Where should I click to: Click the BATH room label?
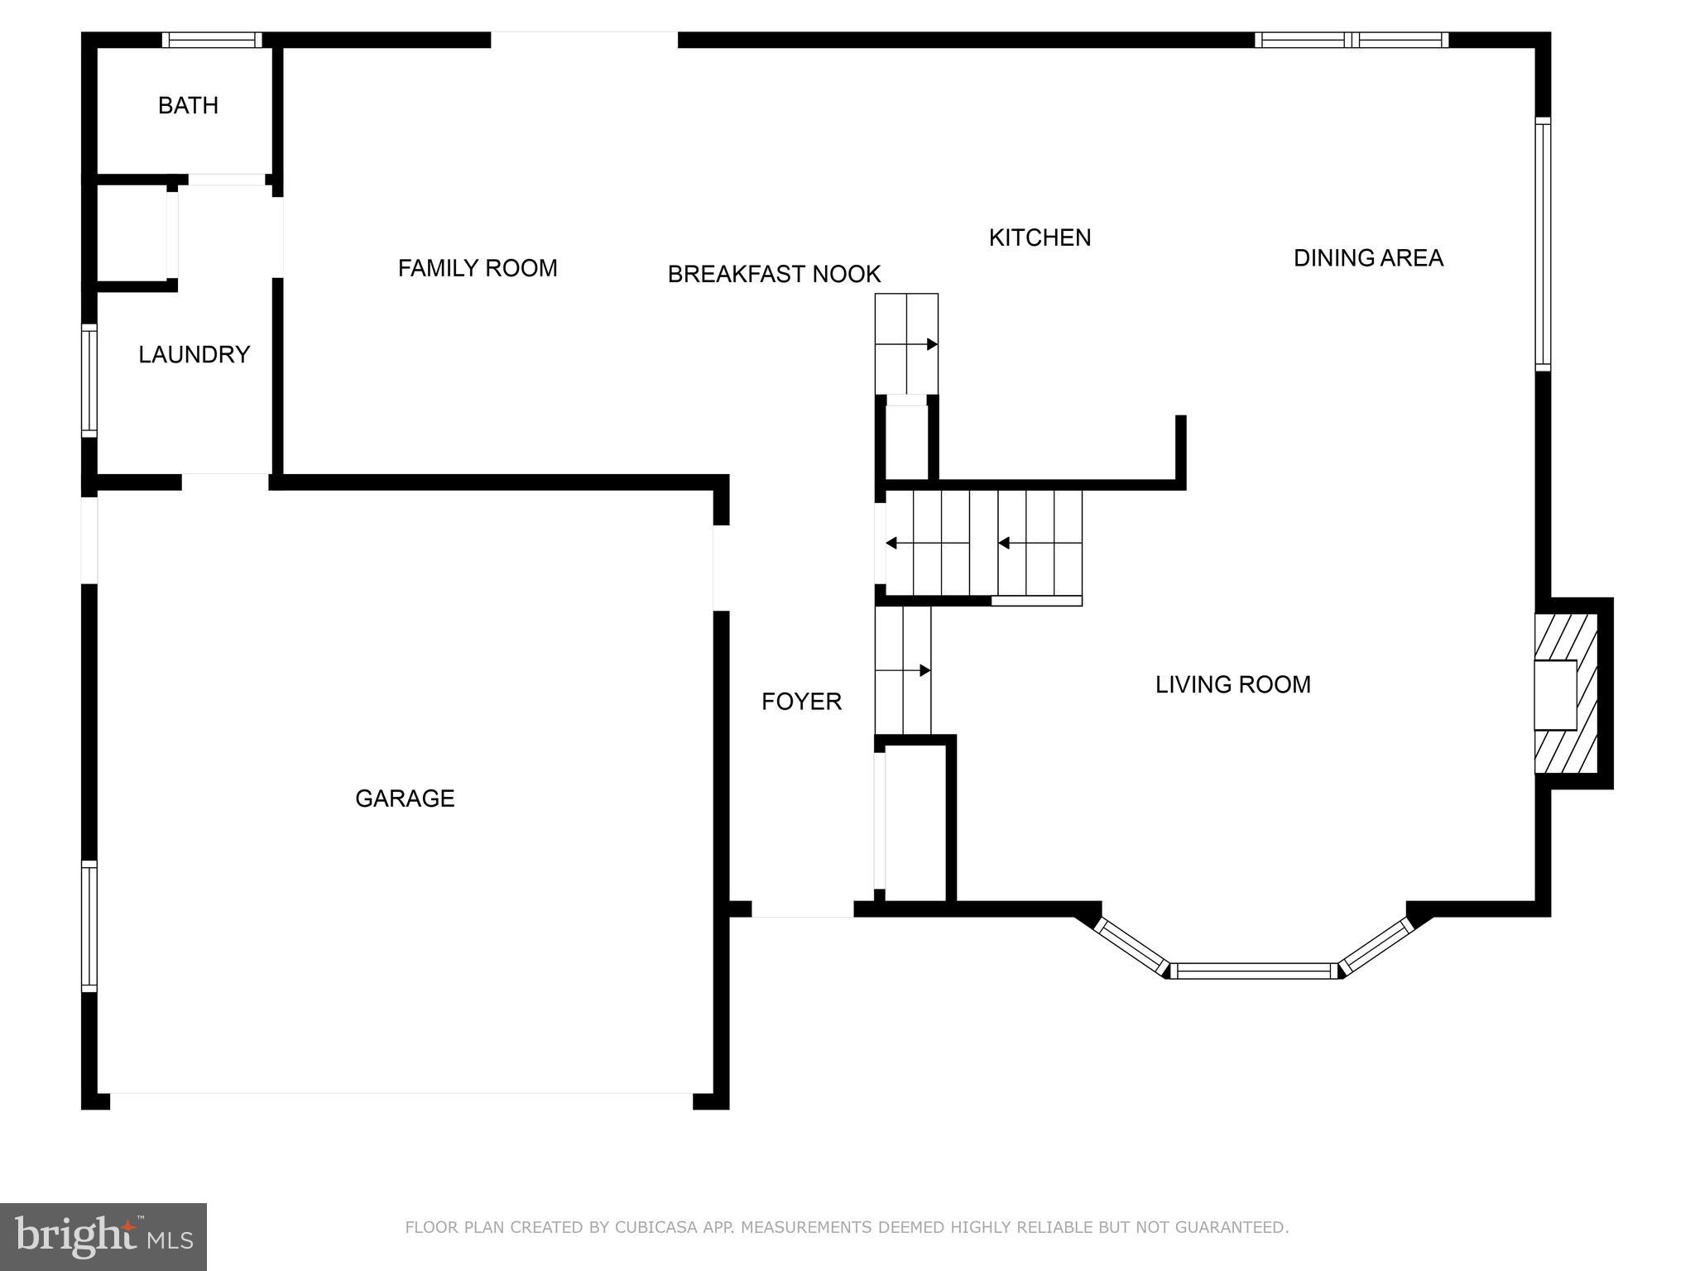pyautogui.click(x=188, y=106)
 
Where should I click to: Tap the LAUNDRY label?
pyautogui.click(x=194, y=355)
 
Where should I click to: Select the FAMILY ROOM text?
pyautogui.click(x=478, y=268)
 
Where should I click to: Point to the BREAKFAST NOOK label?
pyautogui.click(x=774, y=274)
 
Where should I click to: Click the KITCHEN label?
pyautogui.click(x=1040, y=238)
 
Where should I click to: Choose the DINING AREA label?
pyautogui.click(x=1368, y=258)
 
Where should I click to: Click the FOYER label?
pyautogui.click(x=801, y=702)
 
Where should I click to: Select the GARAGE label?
pyautogui.click(x=405, y=799)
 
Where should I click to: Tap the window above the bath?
pyautogui.click(x=212, y=40)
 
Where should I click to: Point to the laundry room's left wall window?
pyautogui.click(x=89, y=381)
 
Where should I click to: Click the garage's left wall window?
pyautogui.click(x=89, y=926)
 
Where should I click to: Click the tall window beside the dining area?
pyautogui.click(x=1543, y=244)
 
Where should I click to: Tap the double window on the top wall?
pyautogui.click(x=1352, y=40)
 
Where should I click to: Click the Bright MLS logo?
pyautogui.click(x=103, y=1236)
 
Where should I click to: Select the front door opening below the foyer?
pyautogui.click(x=802, y=909)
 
